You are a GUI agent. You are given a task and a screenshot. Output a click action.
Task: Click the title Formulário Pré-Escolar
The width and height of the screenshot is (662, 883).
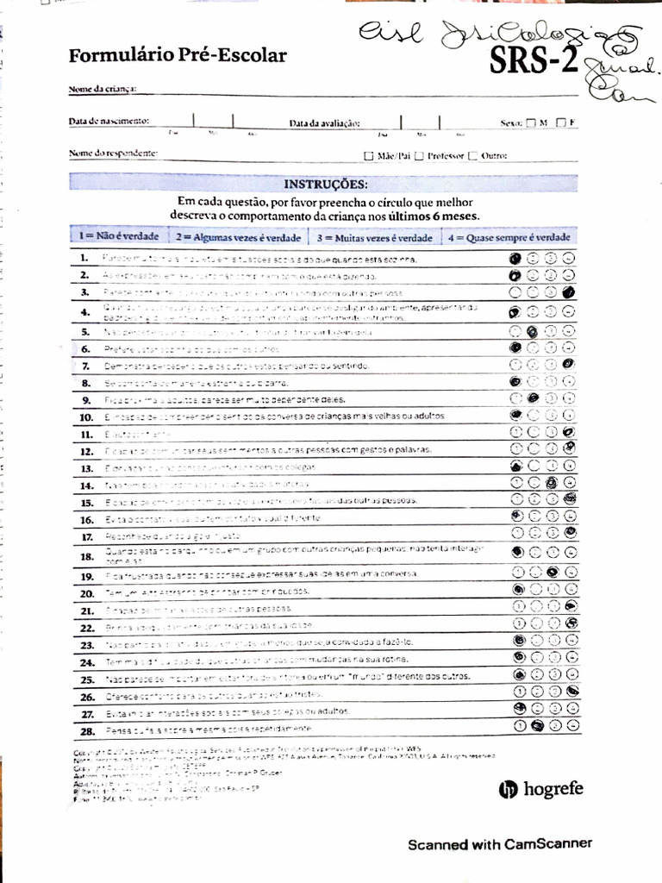point(178,56)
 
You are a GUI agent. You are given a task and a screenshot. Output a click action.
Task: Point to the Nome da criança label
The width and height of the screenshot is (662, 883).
point(103,89)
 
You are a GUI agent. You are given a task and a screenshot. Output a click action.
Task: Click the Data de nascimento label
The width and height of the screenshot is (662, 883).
point(109,121)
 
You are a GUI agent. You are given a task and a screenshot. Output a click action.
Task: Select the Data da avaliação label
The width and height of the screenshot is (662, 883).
point(324,123)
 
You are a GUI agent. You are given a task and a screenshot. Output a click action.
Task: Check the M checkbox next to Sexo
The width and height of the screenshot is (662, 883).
point(530,122)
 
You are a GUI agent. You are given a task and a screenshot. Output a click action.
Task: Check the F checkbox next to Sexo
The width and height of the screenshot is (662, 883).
point(561,122)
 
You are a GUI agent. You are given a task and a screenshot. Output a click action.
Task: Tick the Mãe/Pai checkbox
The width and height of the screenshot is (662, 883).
point(369,156)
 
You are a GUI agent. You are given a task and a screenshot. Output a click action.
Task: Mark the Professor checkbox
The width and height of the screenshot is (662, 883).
point(419,156)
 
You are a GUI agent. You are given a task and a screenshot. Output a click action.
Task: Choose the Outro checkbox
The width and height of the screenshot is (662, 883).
point(472,156)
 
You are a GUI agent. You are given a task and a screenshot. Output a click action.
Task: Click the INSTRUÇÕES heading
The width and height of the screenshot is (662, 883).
point(324,184)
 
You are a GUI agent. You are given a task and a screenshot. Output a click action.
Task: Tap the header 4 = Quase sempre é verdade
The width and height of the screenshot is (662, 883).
point(509,236)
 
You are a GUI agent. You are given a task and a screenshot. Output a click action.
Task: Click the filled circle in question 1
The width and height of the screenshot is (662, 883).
point(515,258)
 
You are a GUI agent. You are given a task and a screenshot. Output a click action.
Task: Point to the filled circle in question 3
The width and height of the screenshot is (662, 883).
point(569,293)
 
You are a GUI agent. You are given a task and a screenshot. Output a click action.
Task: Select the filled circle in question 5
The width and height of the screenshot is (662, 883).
point(533,331)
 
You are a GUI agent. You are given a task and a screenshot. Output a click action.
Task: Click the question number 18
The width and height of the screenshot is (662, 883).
point(86,557)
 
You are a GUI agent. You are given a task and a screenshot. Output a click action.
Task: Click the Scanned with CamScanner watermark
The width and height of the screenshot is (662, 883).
point(500,844)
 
